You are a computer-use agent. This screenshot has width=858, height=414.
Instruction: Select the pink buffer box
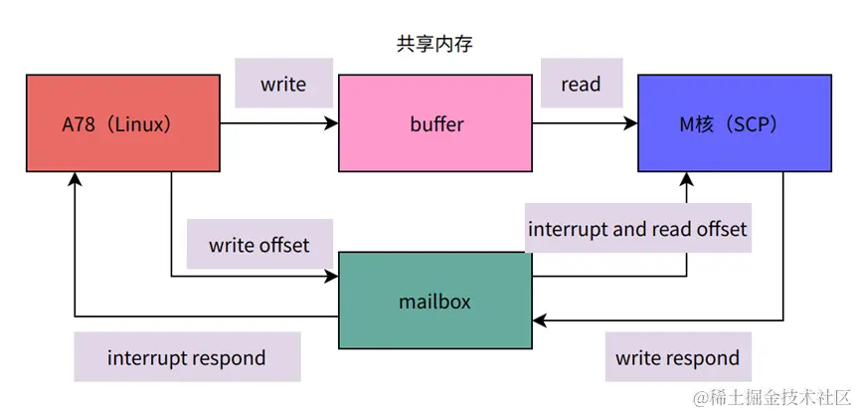[435, 124]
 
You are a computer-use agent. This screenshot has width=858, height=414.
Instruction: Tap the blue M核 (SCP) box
[734, 124]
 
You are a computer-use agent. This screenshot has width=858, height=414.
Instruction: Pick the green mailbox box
[435, 300]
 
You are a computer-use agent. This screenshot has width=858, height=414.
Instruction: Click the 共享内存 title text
[429, 44]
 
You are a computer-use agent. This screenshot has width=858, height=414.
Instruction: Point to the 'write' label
[283, 85]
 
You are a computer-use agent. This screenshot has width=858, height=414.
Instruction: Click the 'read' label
[581, 85]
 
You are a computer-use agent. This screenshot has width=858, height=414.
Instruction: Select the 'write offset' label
[258, 245]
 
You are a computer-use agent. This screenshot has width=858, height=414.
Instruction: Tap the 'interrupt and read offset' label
[636, 229]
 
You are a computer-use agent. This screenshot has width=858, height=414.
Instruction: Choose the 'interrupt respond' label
[186, 357]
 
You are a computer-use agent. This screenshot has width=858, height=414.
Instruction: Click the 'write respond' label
[677, 357]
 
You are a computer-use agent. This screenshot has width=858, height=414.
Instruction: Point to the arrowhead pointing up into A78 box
[75, 179]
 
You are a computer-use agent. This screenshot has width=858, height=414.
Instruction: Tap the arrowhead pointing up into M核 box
[687, 179]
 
